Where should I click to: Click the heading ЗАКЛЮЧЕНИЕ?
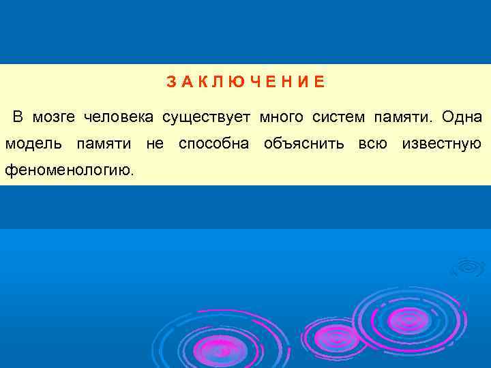point(246,82)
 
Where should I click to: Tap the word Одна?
point(462,117)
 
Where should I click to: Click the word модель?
point(35,144)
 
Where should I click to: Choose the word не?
point(155,144)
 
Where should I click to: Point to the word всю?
point(372,144)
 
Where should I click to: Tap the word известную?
point(442,144)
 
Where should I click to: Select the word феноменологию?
point(70,170)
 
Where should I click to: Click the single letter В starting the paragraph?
point(18,117)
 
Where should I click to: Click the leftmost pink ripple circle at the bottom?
point(220,350)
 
